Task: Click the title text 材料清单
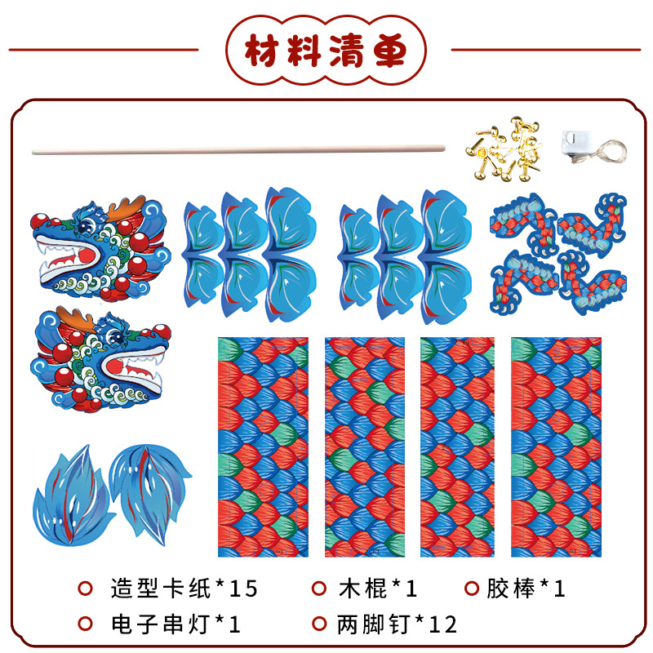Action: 326,51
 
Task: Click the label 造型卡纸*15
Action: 184,588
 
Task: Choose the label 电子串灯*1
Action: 175,624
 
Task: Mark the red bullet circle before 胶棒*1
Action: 471,588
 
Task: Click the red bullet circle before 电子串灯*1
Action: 84,624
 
